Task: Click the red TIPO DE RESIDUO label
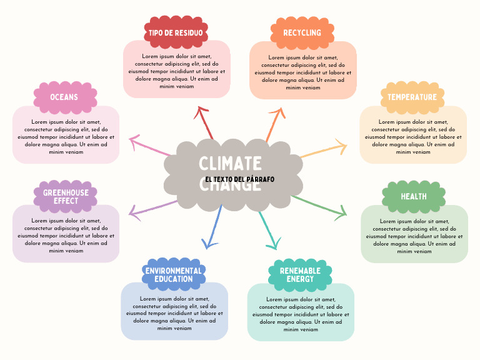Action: coord(176,32)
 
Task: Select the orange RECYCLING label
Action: coord(302,32)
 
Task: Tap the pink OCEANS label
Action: coord(64,97)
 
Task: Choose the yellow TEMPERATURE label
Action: coord(412,97)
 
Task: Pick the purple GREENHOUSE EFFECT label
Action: coord(66,197)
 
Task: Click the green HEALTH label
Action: coord(414,196)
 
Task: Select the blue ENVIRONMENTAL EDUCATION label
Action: coord(173,275)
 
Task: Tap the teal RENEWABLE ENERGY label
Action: coord(300,275)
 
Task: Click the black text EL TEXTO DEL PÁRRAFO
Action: coord(239,179)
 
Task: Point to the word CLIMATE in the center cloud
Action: coord(230,164)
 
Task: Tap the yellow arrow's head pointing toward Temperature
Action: coord(341,148)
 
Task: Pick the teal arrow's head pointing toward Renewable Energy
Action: coord(272,244)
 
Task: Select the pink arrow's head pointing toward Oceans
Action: coord(133,141)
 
